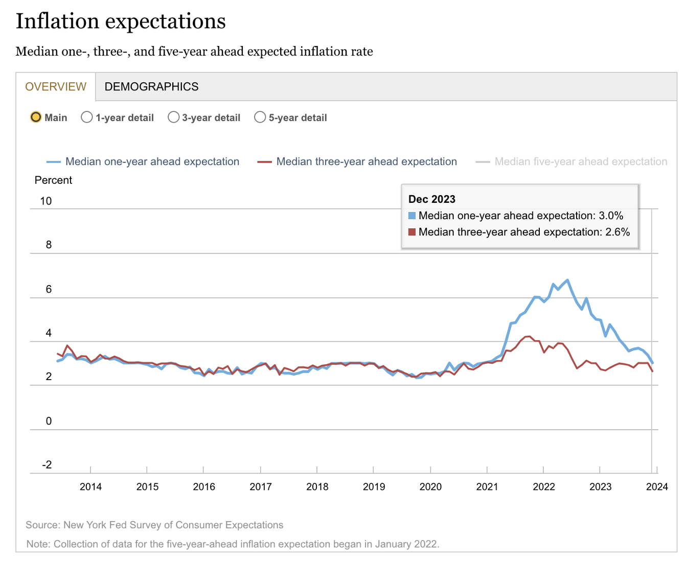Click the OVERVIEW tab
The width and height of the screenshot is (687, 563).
[56, 87]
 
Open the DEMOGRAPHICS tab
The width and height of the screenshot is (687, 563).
[151, 87]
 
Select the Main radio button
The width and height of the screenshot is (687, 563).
[36, 118]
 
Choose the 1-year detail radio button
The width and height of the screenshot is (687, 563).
[87, 118]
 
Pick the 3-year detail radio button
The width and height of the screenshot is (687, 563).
[174, 118]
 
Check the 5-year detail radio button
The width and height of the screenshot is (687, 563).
[260, 118]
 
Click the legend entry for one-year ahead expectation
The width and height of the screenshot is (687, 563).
[152, 162]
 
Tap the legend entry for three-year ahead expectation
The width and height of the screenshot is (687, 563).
[366, 162]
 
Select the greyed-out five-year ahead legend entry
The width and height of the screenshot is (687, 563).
[581, 162]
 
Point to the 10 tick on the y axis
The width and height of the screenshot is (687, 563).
[46, 201]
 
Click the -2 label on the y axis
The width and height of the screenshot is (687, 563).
[47, 465]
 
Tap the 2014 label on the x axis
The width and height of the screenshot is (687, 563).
[90, 487]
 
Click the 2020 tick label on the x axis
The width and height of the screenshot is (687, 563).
[430, 487]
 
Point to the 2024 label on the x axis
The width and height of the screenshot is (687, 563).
[657, 487]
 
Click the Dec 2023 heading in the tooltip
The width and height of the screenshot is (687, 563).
[432, 199]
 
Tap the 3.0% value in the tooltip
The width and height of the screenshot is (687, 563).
[611, 216]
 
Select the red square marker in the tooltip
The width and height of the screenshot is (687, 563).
[412, 232]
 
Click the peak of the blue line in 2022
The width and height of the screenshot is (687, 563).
[567, 280]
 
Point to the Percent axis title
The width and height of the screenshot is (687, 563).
[53, 180]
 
